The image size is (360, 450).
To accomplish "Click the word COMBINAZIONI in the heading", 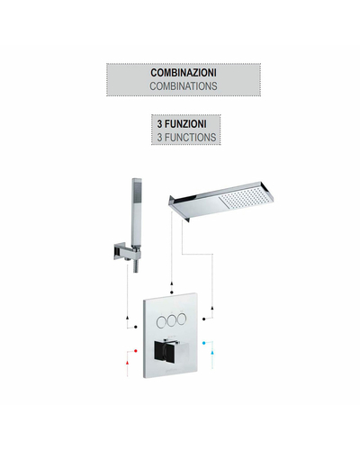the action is click(x=184, y=73).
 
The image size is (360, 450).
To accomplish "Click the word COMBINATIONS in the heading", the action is click(x=184, y=86).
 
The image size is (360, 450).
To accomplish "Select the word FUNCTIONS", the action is click(x=190, y=138).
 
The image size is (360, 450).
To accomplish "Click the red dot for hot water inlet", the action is click(x=136, y=351).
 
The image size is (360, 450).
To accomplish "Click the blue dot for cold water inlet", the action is click(x=204, y=343).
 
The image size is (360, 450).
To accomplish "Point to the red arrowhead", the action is click(x=128, y=363).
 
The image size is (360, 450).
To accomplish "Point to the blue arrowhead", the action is click(x=212, y=352).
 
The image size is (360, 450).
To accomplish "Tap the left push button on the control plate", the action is click(x=161, y=322).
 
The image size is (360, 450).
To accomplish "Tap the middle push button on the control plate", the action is click(x=171, y=320).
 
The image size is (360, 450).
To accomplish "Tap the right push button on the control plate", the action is click(x=181, y=319).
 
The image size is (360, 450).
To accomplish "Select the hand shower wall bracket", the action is click(x=126, y=251).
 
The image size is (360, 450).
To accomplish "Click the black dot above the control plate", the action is click(x=172, y=292).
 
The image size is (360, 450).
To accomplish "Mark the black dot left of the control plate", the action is click(x=136, y=327).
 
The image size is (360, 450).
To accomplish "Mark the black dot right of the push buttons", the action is click(x=204, y=319).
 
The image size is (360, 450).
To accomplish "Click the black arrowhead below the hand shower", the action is click(x=128, y=318).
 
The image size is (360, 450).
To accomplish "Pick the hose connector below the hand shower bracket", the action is click(x=135, y=266).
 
